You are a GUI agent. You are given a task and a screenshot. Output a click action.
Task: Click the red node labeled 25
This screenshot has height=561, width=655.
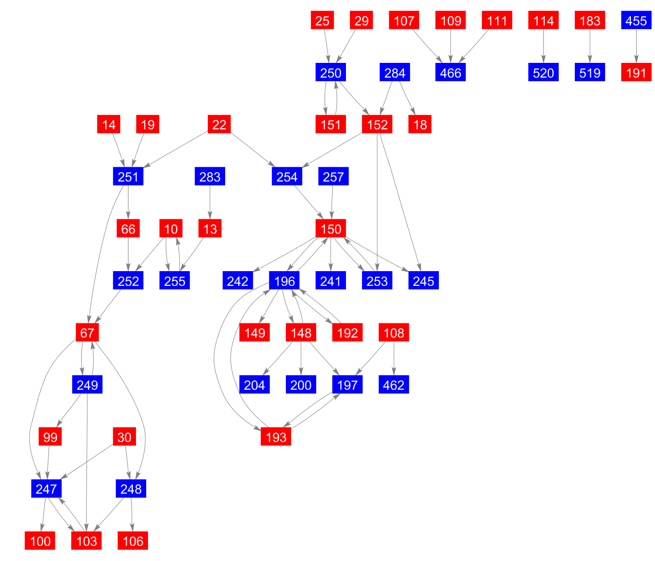pos(322,20)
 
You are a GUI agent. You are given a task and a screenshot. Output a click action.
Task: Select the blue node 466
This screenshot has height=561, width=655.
pos(450,72)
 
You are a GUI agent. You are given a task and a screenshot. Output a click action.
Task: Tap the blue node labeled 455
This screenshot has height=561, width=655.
pos(636,20)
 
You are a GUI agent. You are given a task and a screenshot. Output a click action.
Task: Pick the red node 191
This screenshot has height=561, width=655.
pos(636,72)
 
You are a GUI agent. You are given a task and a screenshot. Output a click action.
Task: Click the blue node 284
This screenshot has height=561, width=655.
pos(395,72)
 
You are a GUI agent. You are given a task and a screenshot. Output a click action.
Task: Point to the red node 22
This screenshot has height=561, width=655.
pos(219,124)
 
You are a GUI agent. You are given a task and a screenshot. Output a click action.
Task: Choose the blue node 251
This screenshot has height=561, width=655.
pos(128,176)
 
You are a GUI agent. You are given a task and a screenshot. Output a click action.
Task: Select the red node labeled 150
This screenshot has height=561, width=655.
pos(330,228)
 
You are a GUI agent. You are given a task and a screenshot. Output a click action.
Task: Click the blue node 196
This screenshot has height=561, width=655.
pos(284,280)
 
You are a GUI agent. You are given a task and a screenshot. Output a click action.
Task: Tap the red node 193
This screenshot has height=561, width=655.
pos(276,437)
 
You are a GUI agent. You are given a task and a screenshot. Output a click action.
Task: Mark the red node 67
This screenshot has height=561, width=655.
pos(87,333)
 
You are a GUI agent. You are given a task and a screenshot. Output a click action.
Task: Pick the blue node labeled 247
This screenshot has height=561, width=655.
pos(46,488)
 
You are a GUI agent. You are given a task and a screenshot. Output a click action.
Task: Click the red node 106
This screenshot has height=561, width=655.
pos(133,540)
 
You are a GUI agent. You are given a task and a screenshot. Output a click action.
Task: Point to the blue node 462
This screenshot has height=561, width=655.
pos(394,384)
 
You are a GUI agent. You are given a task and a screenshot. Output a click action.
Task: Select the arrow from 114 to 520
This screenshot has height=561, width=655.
pos(543,46)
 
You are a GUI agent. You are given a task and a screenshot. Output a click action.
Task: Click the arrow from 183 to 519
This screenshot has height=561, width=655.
pos(589,46)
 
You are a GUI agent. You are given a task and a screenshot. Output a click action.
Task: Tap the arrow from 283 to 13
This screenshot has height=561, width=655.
pos(210,202)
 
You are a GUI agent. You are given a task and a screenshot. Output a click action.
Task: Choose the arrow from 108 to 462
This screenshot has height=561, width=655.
pos(394,359)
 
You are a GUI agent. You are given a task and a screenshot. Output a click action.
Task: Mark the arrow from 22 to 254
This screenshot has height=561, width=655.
pos(253,150)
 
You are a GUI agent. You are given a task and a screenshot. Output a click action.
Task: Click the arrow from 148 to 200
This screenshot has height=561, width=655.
pos(301,359)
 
